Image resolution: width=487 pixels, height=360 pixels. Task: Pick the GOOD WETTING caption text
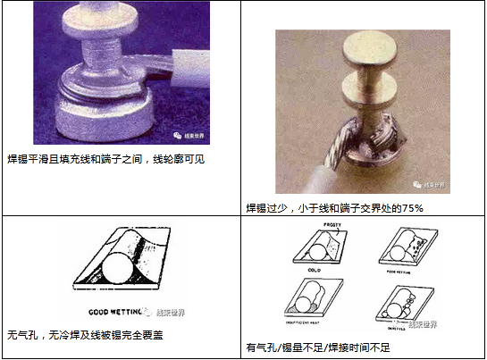(x=119, y=314)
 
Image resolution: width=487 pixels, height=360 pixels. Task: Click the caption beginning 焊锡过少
(x=334, y=207)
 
